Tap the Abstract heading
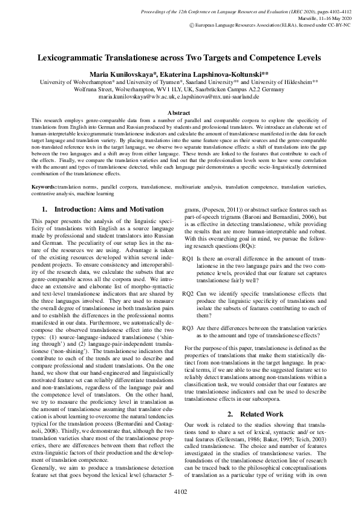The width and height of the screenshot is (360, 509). (180, 112)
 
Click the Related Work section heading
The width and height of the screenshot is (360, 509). (260, 380)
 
